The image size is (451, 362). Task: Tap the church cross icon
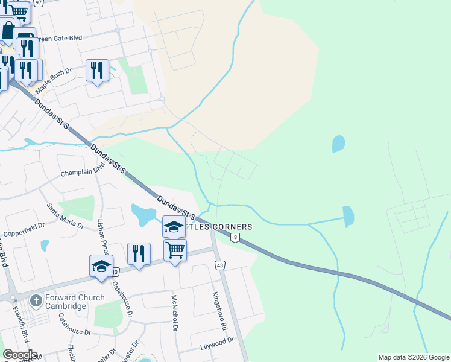[x=36, y=300]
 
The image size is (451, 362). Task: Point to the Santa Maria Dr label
[x=65, y=215]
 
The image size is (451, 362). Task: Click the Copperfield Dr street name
[x=24, y=229]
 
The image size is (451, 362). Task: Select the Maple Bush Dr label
[x=53, y=80]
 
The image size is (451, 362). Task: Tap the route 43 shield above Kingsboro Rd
[x=220, y=265]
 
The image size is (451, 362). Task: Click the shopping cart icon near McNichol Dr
[x=175, y=250]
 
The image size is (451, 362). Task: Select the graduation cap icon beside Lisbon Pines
[x=101, y=265]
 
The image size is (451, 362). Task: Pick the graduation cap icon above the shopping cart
[x=174, y=227]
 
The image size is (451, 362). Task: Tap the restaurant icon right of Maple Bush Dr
[x=97, y=71]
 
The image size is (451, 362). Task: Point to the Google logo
[x=20, y=355]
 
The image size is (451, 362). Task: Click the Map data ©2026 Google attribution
[x=413, y=357]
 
